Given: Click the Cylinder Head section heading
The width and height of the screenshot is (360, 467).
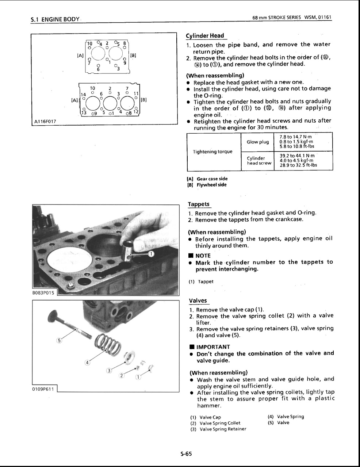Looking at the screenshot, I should [205, 36].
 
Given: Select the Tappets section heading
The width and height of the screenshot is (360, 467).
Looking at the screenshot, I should [199, 204].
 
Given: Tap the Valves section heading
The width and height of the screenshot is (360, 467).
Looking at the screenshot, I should [198, 301].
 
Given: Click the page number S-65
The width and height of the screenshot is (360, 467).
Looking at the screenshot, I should [186, 454].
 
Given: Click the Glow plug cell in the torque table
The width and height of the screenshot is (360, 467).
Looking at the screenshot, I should [258, 142].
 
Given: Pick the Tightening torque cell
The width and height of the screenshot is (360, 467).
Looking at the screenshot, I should [212, 152].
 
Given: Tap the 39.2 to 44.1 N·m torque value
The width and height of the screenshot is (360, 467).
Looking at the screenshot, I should [297, 155].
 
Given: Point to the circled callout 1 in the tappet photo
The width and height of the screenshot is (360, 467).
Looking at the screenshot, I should [151, 254].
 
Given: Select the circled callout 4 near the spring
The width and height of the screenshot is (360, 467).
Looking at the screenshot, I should [87, 362].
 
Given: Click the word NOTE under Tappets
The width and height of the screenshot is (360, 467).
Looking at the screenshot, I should [203, 256].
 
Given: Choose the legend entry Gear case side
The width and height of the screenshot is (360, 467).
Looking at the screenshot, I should [212, 179].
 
